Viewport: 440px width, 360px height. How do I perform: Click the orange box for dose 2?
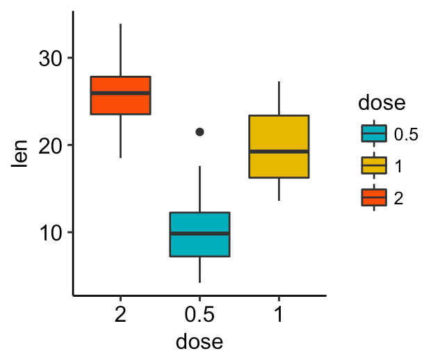(x=121, y=103)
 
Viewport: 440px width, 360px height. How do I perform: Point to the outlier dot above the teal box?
(x=200, y=131)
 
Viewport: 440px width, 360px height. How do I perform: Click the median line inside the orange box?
(x=121, y=92)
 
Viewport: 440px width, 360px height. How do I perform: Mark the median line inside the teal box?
(x=199, y=234)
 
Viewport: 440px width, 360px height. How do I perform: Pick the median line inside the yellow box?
(x=278, y=151)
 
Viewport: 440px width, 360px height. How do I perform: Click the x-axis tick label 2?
(x=121, y=315)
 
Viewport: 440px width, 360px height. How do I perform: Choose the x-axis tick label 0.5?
(x=199, y=315)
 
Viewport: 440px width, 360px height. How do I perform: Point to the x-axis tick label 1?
(x=278, y=315)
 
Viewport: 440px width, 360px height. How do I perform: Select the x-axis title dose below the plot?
(x=199, y=341)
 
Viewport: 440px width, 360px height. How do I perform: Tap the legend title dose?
(x=382, y=103)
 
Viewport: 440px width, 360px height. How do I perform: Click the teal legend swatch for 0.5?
(x=374, y=134)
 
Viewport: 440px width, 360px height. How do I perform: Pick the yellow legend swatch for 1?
(x=374, y=165)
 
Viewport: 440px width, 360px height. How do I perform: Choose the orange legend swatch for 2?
(x=374, y=198)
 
